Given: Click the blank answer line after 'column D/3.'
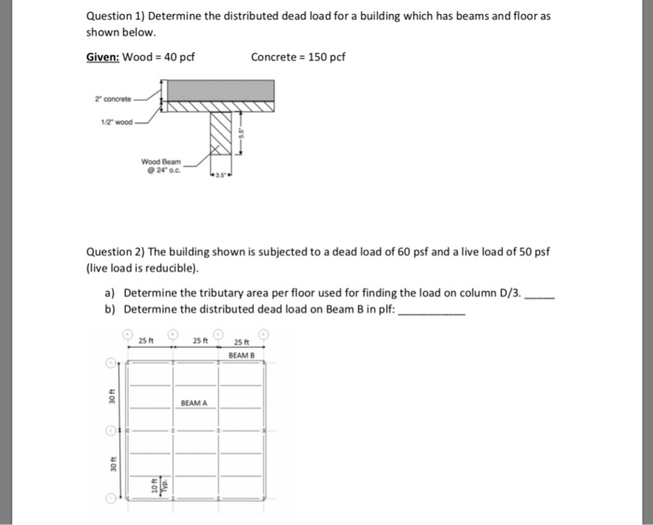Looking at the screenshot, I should pyautogui.click(x=541, y=292).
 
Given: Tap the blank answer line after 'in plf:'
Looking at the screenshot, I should pyautogui.click(x=431, y=309).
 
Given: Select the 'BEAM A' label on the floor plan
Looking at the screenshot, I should pyautogui.click(x=195, y=403).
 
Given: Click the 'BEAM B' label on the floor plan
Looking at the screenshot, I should pyautogui.click(x=241, y=355).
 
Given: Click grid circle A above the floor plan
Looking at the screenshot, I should pyautogui.click(x=128, y=333).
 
